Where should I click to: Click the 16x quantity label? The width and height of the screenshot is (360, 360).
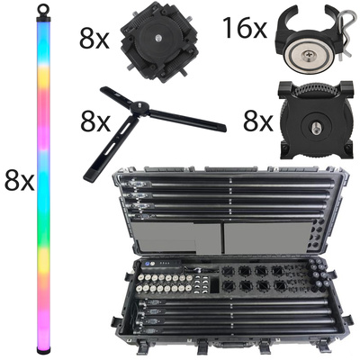(x=245, y=28)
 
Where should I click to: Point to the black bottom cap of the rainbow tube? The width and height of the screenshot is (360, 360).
(x=42, y=350)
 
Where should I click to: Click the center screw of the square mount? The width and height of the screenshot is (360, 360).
(x=157, y=38)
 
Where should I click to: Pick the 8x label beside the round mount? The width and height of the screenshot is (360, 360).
(x=258, y=121)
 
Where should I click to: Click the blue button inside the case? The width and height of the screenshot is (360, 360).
(x=148, y=264)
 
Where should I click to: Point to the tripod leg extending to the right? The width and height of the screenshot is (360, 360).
(x=186, y=120)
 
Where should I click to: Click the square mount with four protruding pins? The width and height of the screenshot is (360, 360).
(x=159, y=42)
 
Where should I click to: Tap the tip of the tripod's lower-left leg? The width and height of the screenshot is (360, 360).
(x=88, y=177)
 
